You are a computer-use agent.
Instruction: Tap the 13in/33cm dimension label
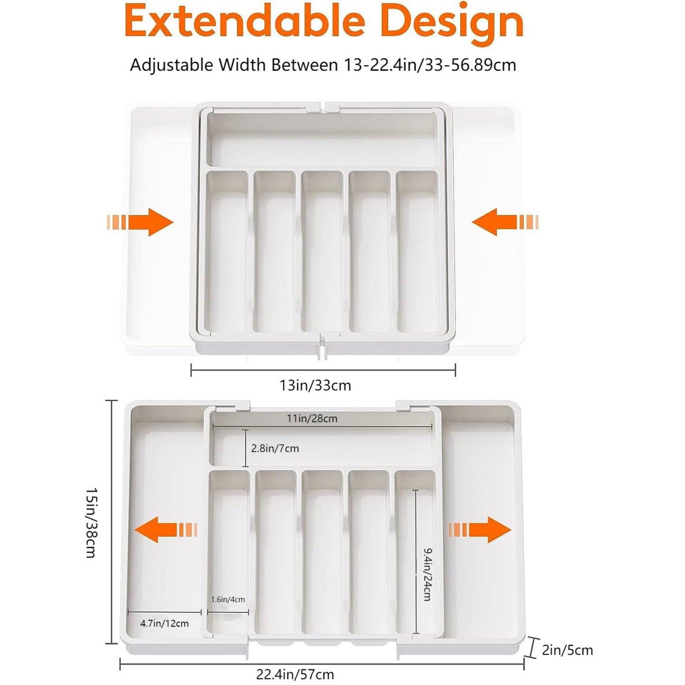pyautogui.click(x=315, y=385)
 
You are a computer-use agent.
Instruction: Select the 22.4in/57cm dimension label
pyautogui.click(x=295, y=674)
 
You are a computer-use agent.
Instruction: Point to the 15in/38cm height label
pyautogui.click(x=91, y=522)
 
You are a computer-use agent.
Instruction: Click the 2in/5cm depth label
pyautogui.click(x=567, y=650)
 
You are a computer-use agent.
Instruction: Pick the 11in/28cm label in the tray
pyautogui.click(x=312, y=419)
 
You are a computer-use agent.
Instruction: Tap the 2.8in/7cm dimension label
pyautogui.click(x=275, y=448)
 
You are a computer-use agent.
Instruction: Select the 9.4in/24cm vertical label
pyautogui.click(x=427, y=575)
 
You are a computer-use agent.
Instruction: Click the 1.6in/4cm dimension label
pyautogui.click(x=228, y=600)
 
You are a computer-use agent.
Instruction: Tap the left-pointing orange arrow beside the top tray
pyautogui.click(x=505, y=222)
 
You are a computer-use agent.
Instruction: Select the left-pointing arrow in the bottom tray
pyautogui.click(x=165, y=530)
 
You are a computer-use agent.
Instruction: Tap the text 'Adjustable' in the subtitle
pyautogui.click(x=172, y=65)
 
